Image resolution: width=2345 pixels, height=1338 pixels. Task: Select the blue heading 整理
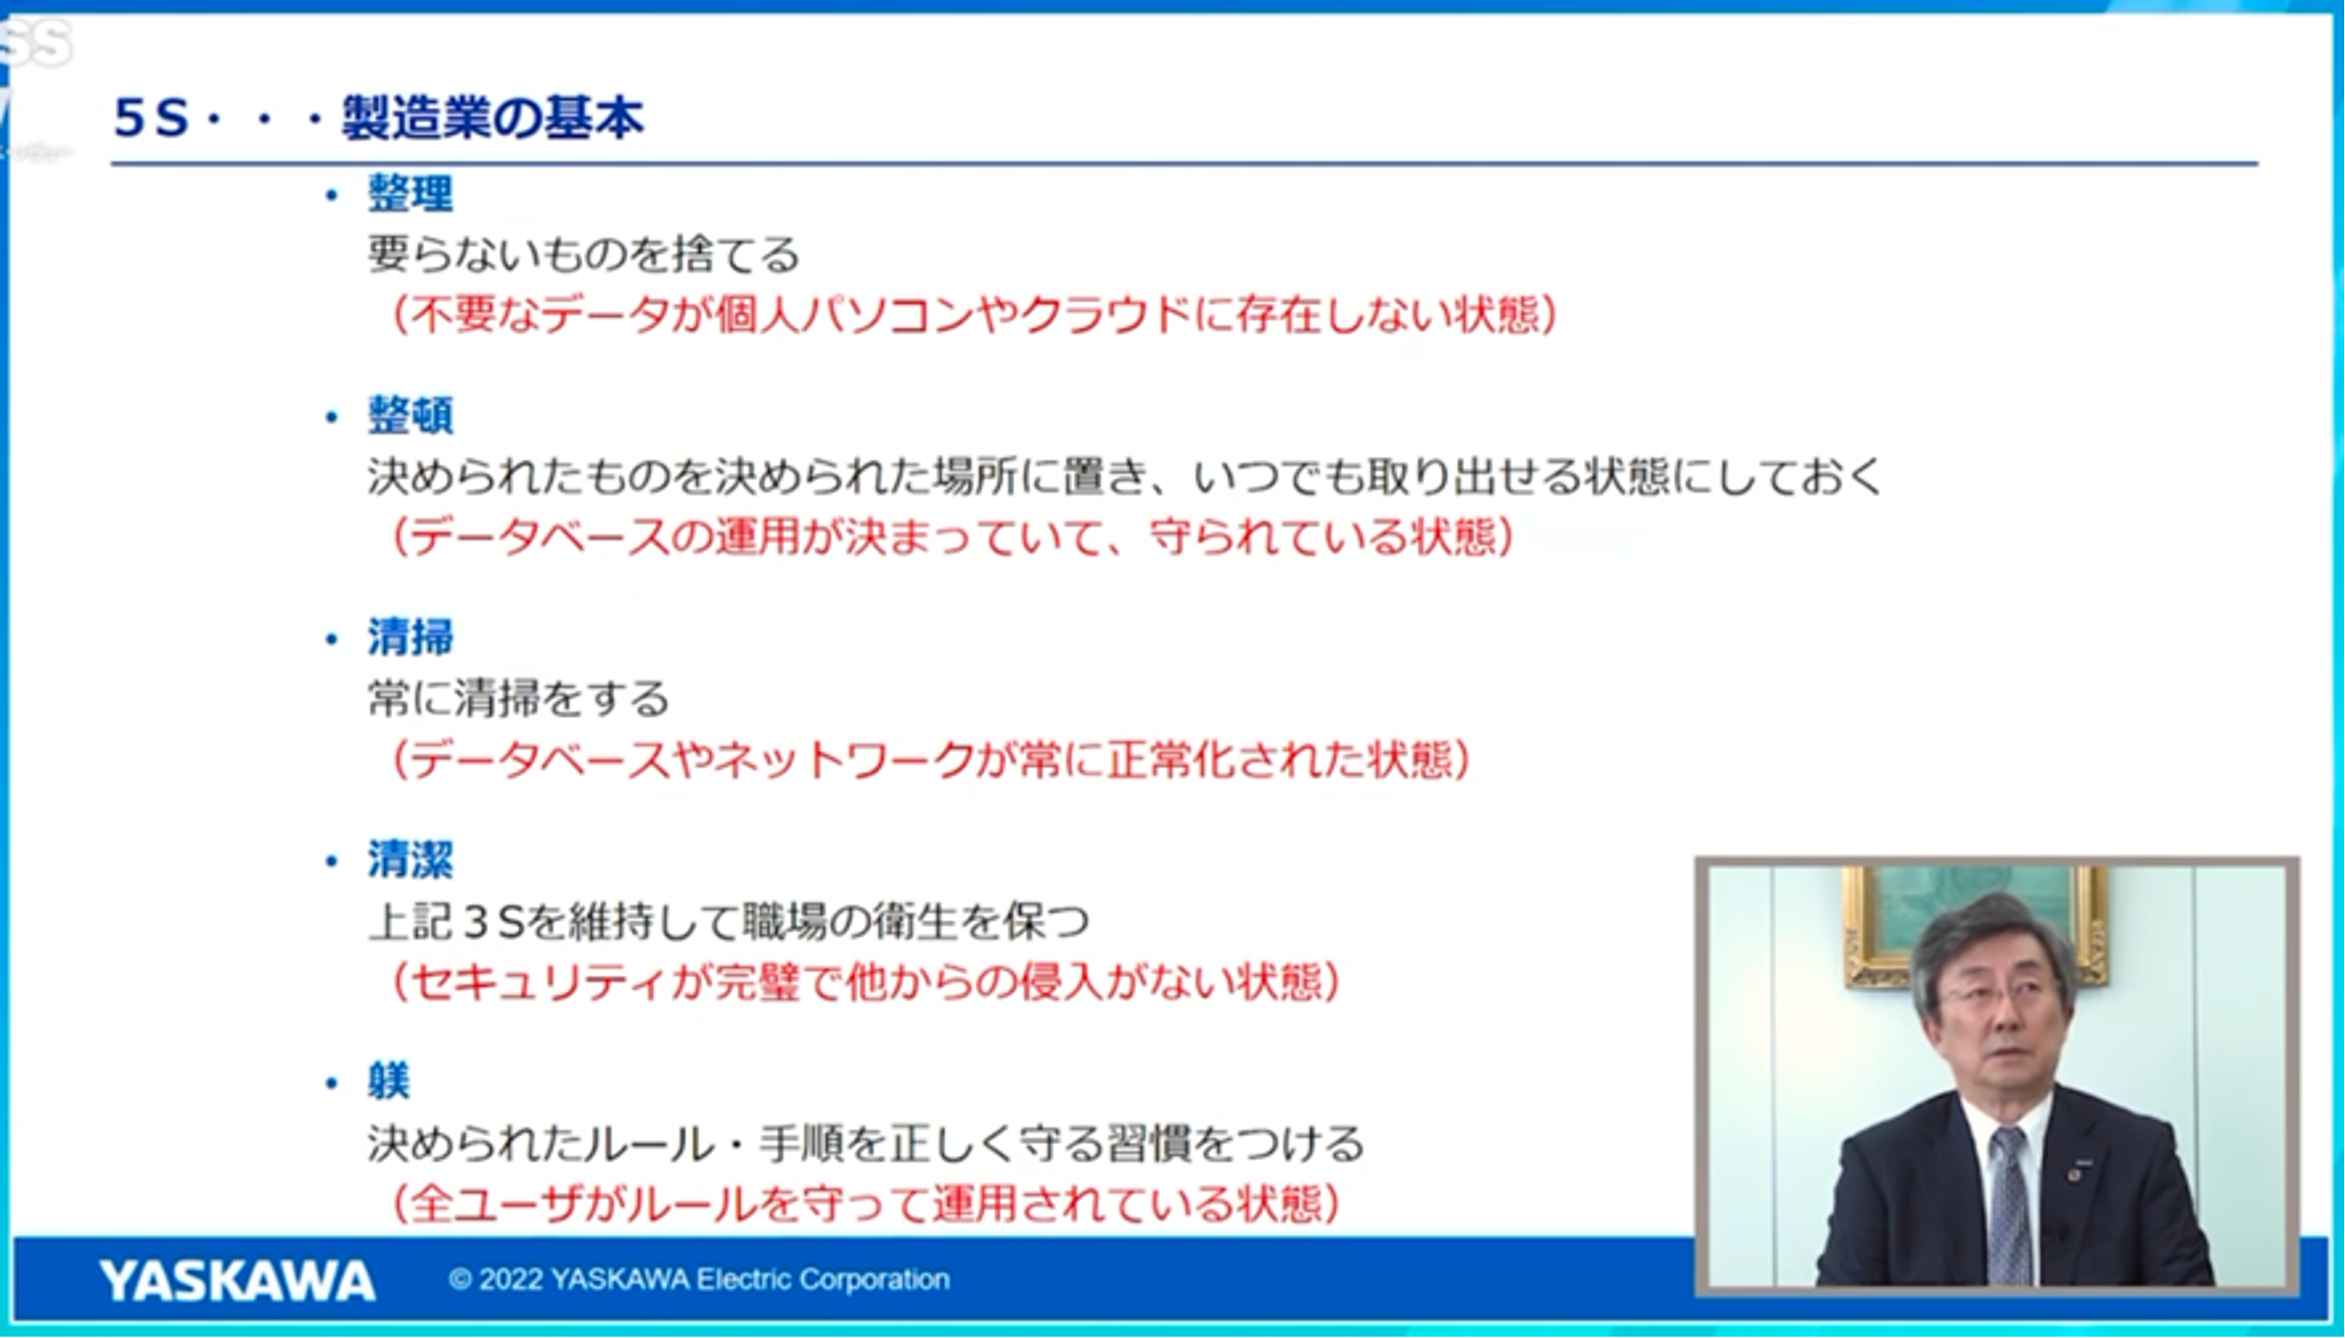(410, 193)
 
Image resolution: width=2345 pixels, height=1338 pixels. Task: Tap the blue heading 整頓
(410, 416)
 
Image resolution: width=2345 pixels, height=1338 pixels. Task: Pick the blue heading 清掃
(410, 637)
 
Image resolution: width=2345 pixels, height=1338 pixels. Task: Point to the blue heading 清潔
(410, 860)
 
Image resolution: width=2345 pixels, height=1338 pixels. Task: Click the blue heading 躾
(389, 1081)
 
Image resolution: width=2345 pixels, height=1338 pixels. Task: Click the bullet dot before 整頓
(332, 417)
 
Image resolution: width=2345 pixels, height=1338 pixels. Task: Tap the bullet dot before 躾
(332, 1084)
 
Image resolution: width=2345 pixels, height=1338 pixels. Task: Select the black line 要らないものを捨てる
(585, 254)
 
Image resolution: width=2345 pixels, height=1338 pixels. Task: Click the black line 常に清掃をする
(519, 699)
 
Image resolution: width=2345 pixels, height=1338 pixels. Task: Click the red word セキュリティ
(539, 982)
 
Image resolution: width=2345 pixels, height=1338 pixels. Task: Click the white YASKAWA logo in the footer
(237, 1280)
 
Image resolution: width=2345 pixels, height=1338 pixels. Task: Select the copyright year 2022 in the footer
(511, 1279)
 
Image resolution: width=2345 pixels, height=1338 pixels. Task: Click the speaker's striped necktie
(2010, 1204)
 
